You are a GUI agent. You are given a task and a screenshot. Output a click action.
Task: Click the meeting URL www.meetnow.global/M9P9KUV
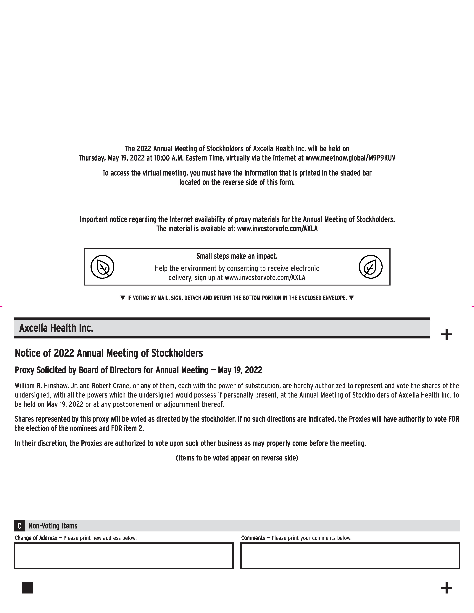point(350,158)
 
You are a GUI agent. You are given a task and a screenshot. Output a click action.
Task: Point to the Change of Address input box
point(124,556)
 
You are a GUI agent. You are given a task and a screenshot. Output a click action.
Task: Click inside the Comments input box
point(350,556)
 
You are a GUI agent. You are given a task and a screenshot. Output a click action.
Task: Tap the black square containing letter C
point(19,526)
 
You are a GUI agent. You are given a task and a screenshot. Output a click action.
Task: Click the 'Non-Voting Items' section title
point(53,526)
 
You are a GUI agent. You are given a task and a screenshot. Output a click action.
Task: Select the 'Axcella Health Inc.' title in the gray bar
point(56,328)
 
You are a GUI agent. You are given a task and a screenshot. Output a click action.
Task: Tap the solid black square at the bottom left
point(27,588)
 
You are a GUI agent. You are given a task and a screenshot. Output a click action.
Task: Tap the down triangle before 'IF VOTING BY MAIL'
point(122,298)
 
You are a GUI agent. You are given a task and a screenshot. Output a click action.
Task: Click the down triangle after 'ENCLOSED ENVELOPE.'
point(351,298)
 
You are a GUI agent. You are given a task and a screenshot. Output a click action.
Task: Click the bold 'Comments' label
point(253,538)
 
